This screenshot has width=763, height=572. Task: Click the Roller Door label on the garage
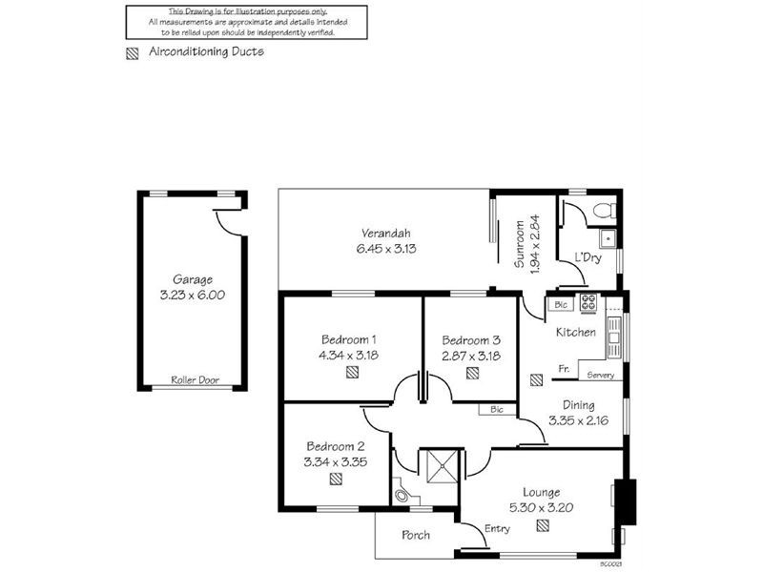tap(195, 379)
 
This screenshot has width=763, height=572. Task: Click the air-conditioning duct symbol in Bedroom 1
tap(353, 374)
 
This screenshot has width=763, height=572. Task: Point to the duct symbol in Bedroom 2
tap(336, 480)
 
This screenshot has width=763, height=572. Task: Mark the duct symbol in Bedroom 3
tap(472, 374)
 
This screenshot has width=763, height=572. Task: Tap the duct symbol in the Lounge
tap(543, 523)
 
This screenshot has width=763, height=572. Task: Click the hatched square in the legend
tap(132, 53)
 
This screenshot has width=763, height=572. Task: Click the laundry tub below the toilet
tap(607, 238)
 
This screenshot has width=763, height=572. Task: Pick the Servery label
tap(601, 375)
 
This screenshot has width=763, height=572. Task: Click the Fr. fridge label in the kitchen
tap(565, 368)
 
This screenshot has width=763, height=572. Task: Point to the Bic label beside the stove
tap(559, 305)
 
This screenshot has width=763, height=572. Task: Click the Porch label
tap(416, 535)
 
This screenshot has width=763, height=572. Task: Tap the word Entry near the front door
tap(497, 529)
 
